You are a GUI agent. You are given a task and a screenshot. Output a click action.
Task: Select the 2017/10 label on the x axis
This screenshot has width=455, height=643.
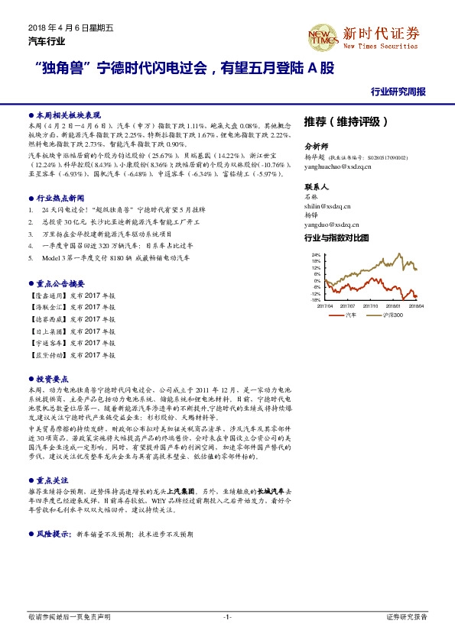[x=372, y=305]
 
